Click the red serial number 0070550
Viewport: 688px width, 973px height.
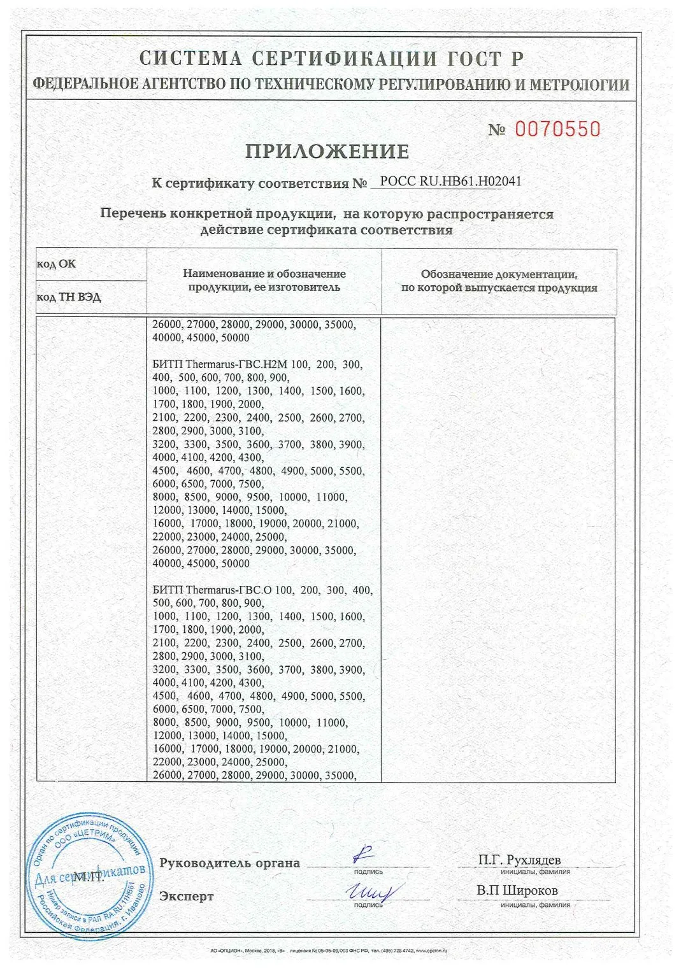(x=557, y=129)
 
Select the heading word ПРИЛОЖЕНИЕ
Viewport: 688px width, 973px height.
(x=327, y=152)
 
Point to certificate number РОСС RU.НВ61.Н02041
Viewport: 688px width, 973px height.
(x=450, y=181)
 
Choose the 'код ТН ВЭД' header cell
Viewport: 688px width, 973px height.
(x=69, y=297)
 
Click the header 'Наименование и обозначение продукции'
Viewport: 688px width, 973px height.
(x=264, y=280)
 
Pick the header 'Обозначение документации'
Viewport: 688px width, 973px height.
(x=499, y=281)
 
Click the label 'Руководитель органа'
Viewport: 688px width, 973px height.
(x=229, y=863)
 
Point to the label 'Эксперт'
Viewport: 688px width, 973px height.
(x=187, y=896)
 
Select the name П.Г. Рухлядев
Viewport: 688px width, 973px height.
(x=519, y=860)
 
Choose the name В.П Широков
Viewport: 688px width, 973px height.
(x=517, y=890)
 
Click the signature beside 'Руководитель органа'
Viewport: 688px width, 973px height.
(x=364, y=854)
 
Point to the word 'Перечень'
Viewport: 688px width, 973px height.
(x=133, y=214)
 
